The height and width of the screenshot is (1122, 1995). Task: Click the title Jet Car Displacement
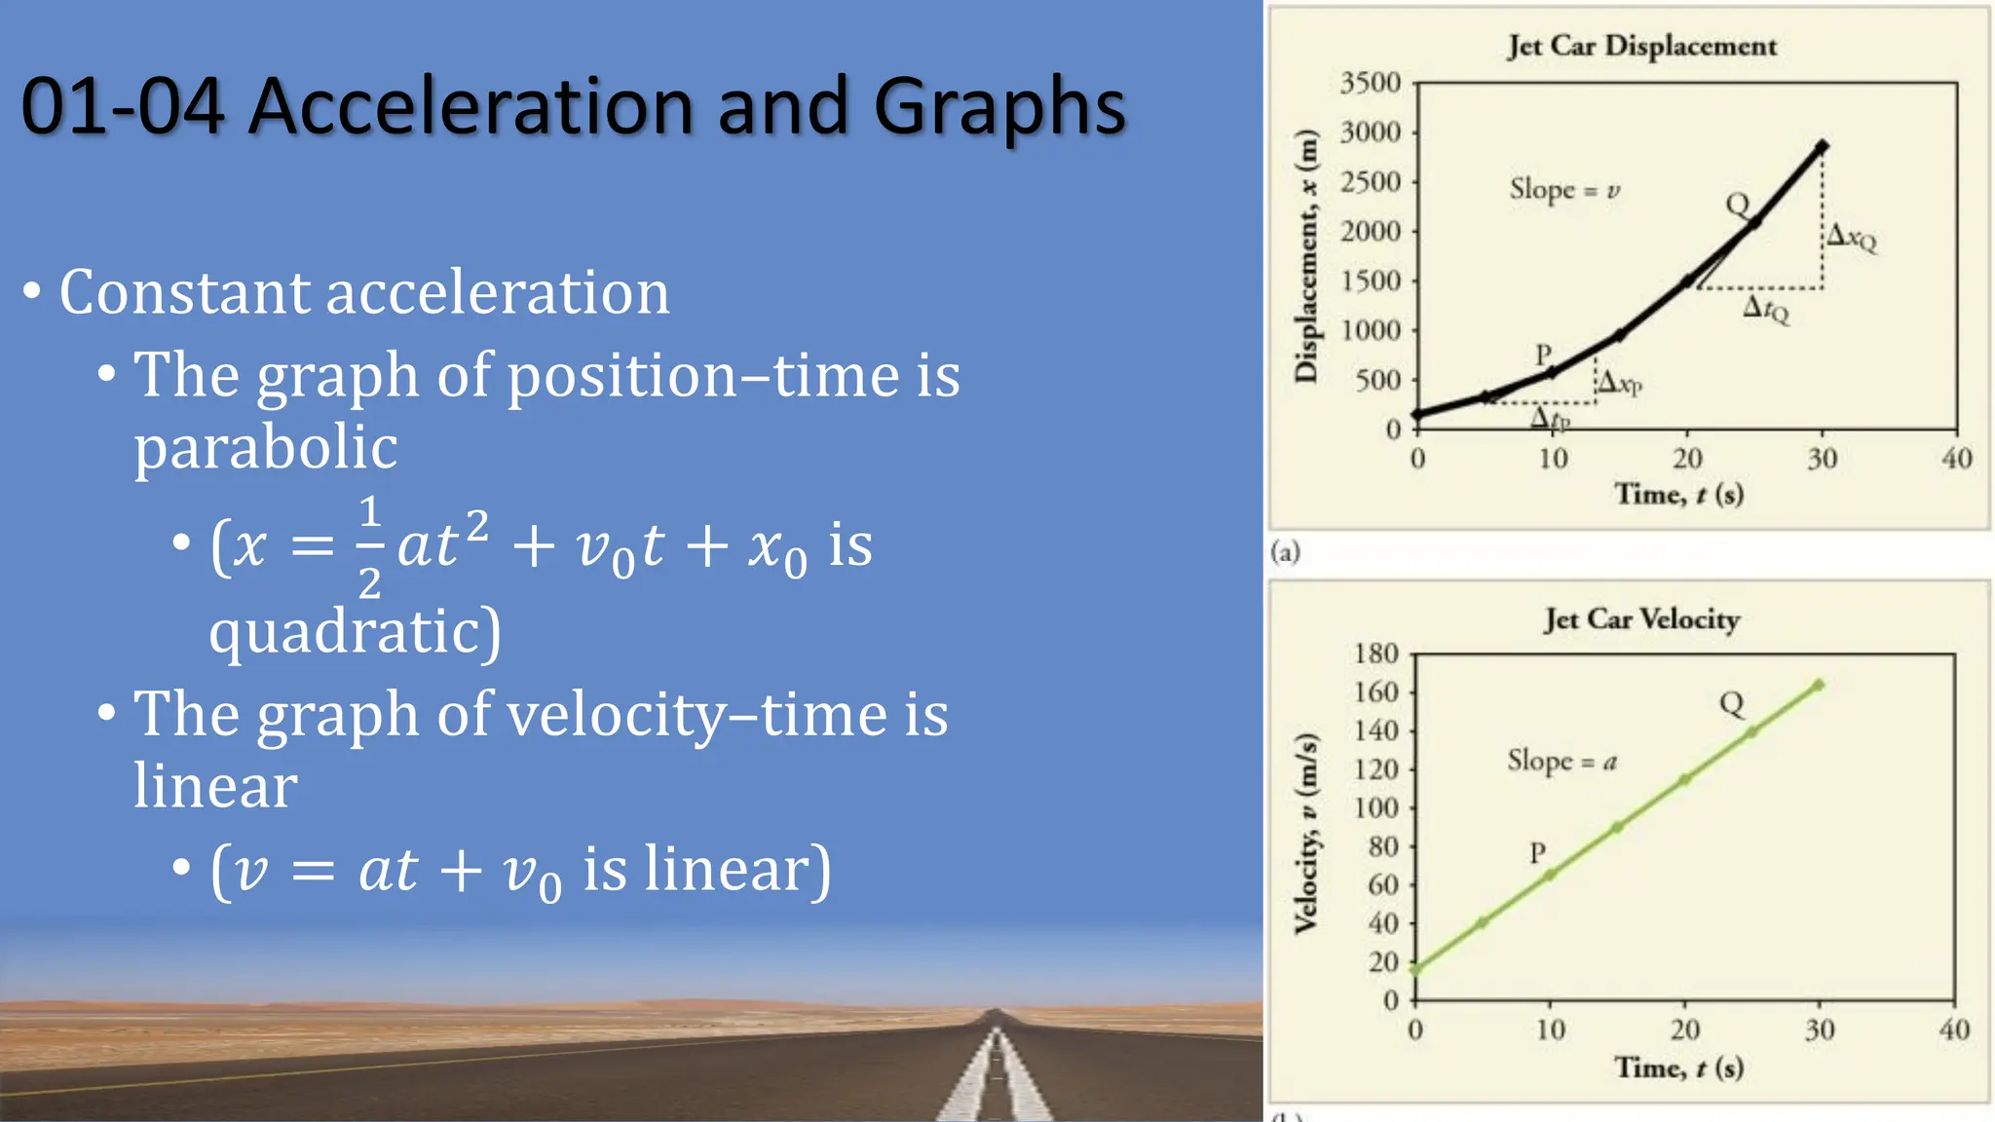pos(1641,46)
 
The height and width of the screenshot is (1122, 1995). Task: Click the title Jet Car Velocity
pos(1641,619)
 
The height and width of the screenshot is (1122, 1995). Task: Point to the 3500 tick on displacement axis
pos(1370,83)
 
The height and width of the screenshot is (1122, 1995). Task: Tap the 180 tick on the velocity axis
pos(1375,654)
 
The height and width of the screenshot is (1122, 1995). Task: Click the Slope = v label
pos(1564,189)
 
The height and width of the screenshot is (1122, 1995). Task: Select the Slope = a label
pos(1562,761)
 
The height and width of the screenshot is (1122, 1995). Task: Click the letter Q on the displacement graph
pos(1737,205)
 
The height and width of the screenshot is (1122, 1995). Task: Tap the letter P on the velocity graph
pos(1537,853)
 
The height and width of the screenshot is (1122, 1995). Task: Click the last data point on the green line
pos(1818,686)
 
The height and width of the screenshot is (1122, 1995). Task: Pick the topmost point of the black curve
pos(1822,147)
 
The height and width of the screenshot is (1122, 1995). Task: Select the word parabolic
pos(265,447)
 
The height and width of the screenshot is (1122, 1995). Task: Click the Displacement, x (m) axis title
pos(1305,255)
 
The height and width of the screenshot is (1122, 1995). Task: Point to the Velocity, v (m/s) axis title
pos(1305,834)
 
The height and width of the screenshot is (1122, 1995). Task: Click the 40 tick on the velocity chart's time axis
pos(1953,1029)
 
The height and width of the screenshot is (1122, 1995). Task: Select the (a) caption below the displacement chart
pos(1285,553)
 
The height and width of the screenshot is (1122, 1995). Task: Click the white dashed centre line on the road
pos(995,1071)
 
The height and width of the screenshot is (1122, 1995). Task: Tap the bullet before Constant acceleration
pos(32,291)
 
